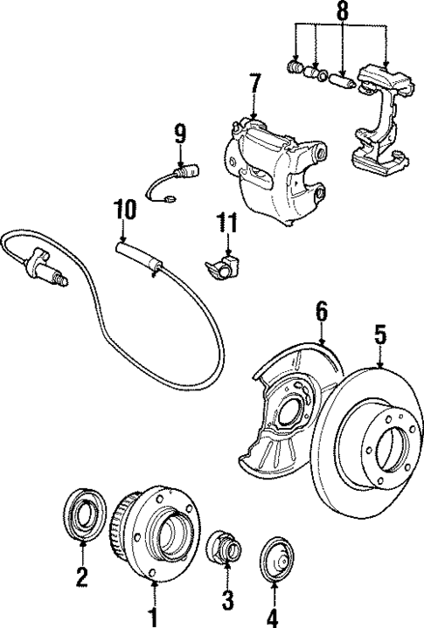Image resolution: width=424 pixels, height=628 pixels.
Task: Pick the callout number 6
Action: [x=321, y=309]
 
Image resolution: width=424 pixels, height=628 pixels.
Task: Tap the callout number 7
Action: [x=254, y=86]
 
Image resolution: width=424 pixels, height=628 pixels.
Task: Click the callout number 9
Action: [x=179, y=134]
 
